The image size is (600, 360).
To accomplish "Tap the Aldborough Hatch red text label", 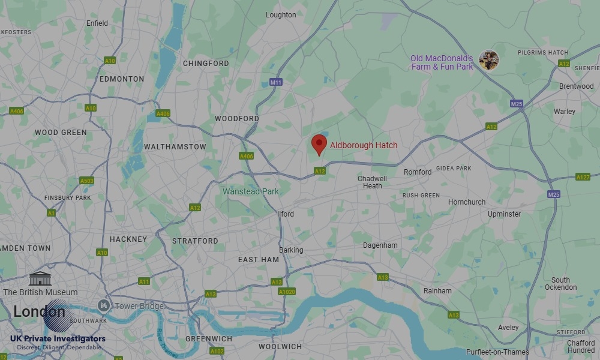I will tap(364, 145).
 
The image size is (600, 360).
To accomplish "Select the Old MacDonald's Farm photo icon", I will tap(489, 60).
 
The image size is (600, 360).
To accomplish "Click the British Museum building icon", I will tap(40, 278).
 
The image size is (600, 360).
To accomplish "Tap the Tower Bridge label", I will tap(139, 306).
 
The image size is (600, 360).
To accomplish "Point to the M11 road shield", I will tap(276, 82).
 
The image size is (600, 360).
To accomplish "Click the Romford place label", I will tap(417, 172).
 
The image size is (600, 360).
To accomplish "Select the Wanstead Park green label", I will tap(251, 191).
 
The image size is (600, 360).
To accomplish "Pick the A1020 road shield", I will tap(287, 292).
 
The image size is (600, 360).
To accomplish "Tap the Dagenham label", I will tap(380, 245).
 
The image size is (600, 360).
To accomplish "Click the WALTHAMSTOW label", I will tap(175, 146).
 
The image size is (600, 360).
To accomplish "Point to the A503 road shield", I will tap(86, 181).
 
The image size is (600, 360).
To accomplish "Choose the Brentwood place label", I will tap(576, 86).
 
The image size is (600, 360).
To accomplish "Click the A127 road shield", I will tap(583, 177).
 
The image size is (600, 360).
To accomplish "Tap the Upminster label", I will tap(504, 214).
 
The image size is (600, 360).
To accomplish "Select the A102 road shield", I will tap(217, 351).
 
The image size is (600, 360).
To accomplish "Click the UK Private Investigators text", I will tap(58, 339).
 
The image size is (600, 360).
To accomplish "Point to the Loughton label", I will tap(281, 15).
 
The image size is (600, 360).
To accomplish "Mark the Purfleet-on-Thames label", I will tap(497, 352).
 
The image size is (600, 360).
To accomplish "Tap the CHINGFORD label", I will tap(206, 63).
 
